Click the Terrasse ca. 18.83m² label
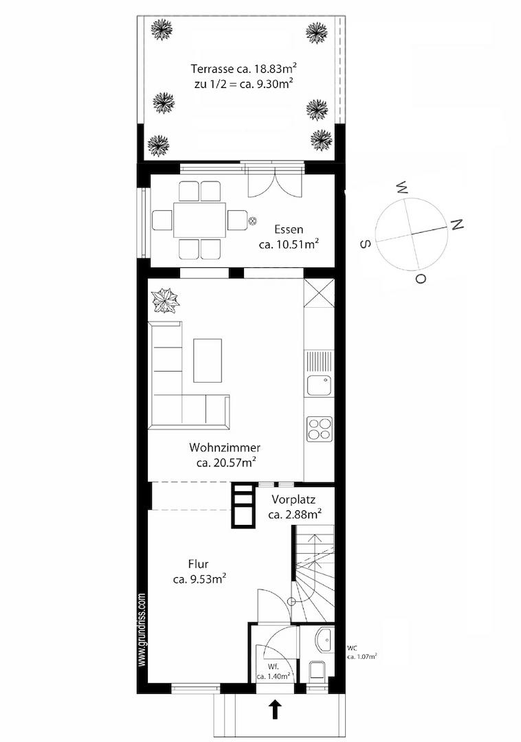244,69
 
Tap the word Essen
289,230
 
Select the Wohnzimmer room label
225,447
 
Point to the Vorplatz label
293,499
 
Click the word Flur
198,564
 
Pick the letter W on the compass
402,188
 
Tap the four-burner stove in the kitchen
320,429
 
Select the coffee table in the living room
208,360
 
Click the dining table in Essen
199,220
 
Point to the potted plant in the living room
165,301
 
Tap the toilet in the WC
317,671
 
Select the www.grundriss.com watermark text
142,630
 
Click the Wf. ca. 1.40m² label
274,672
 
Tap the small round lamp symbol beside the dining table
253,220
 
